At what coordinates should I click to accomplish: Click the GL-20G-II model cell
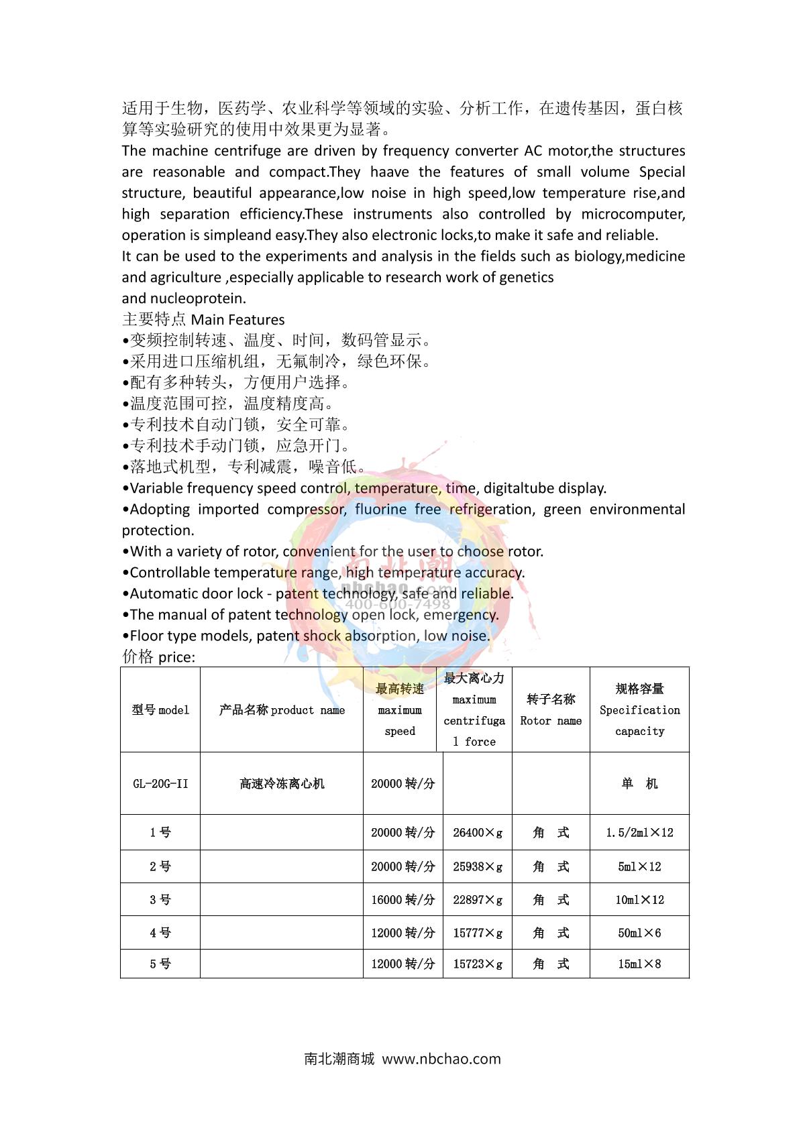(160, 783)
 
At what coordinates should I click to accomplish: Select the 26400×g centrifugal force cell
(477, 832)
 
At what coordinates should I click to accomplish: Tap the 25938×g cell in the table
(477, 866)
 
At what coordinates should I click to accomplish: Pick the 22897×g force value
(477, 899)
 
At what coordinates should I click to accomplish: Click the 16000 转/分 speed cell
(402, 899)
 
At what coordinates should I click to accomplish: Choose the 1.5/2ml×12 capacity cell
(639, 832)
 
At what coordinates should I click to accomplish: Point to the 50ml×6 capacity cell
(639, 933)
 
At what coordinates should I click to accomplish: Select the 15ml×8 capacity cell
(639, 964)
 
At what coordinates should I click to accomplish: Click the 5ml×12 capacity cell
(639, 866)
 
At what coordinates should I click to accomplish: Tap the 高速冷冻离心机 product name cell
(282, 783)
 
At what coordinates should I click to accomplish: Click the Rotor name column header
(551, 709)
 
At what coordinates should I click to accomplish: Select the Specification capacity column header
(639, 709)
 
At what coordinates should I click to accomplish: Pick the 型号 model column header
(160, 709)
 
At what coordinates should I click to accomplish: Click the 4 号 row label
(160, 933)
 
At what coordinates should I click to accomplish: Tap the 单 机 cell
(639, 783)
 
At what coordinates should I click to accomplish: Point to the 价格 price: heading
(159, 657)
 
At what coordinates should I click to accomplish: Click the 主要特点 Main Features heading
(203, 320)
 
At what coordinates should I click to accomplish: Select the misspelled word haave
(390, 172)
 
